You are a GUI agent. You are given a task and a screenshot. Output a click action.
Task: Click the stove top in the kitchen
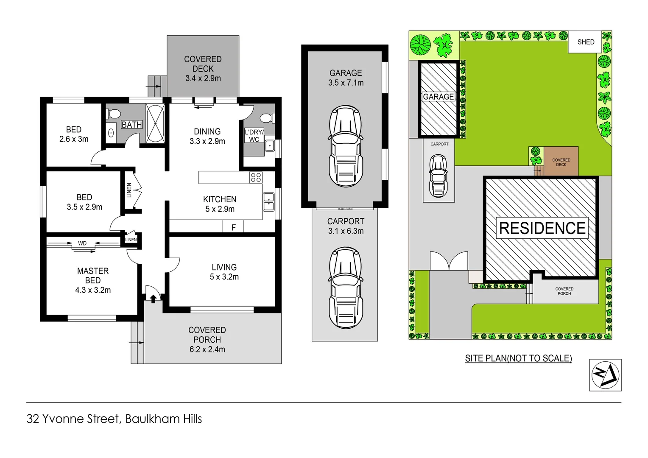click(256, 177)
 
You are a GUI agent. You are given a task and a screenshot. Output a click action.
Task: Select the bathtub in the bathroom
click(155, 123)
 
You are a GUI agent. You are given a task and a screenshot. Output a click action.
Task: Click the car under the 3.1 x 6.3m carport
click(346, 288)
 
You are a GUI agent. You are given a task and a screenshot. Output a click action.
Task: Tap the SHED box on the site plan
click(586, 42)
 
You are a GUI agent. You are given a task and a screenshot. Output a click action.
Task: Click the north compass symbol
click(605, 375)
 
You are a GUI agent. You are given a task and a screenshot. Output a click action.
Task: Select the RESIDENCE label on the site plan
click(542, 228)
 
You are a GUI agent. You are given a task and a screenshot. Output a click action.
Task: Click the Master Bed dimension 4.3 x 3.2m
click(93, 290)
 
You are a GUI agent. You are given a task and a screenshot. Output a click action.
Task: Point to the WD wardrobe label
click(82, 243)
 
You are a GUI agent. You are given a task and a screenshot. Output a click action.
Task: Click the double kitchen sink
click(268, 202)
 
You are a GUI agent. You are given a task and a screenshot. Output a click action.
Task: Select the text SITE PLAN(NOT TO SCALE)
click(518, 358)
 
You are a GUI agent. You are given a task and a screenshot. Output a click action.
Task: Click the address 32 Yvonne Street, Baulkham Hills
click(114, 419)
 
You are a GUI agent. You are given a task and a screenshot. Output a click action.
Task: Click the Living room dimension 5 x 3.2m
click(224, 277)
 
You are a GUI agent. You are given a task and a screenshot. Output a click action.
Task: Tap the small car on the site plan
click(438, 176)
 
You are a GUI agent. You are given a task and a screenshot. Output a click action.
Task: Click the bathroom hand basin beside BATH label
click(111, 133)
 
